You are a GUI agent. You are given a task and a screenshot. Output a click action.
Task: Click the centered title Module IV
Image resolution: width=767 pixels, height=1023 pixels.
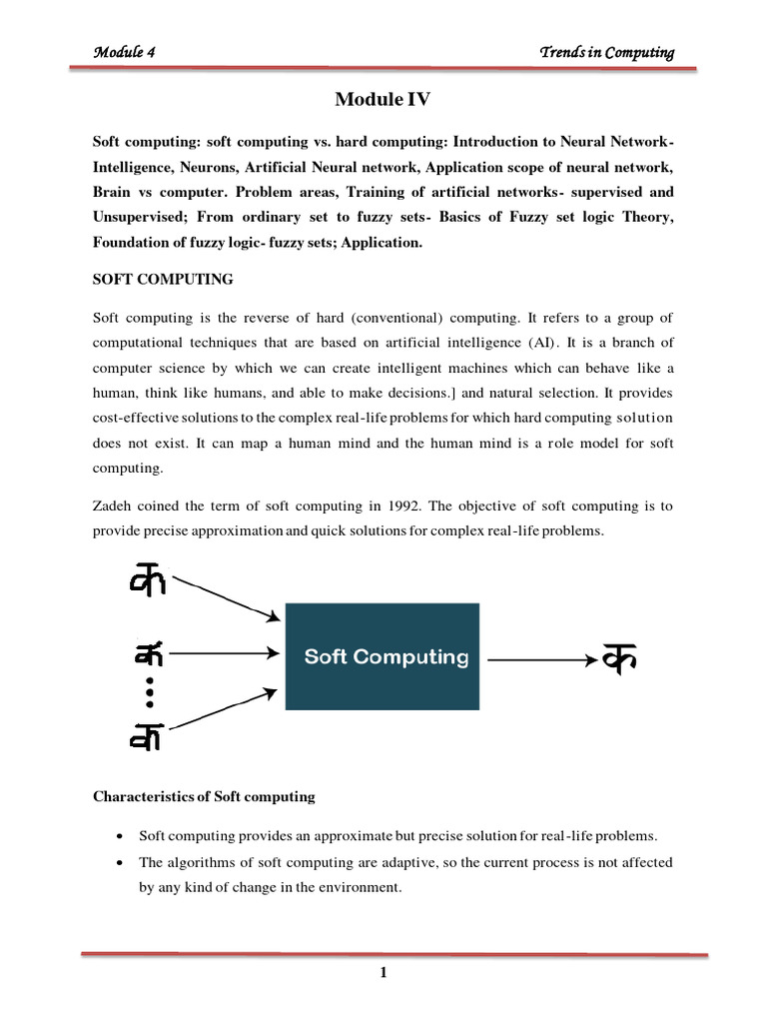(383, 101)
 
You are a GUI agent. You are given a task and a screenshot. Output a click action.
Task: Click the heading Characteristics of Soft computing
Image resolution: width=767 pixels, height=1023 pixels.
(204, 797)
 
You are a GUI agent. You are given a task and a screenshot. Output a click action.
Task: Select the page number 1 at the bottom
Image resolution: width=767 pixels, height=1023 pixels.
(383, 974)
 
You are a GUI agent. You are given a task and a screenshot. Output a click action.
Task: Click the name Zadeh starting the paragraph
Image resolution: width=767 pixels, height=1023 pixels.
(114, 508)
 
